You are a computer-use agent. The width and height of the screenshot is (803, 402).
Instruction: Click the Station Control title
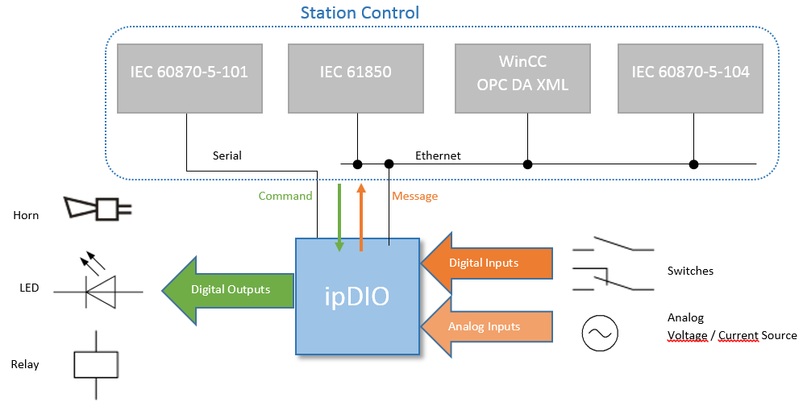[x=360, y=12]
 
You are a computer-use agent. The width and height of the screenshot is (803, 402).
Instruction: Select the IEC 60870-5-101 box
[x=189, y=78]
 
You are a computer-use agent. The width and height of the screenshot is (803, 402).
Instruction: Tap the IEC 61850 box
[x=356, y=78]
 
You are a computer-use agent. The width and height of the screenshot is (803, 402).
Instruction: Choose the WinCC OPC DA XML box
[x=522, y=78]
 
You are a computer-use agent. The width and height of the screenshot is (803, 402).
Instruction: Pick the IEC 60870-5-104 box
[x=690, y=78]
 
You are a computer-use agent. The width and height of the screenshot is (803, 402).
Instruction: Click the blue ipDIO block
[x=357, y=296]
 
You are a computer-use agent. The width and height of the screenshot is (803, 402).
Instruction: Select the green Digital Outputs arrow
[x=228, y=290]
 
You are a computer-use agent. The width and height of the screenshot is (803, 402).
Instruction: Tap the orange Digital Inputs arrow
[x=486, y=263]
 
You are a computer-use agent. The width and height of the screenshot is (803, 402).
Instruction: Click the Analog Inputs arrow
[x=486, y=326]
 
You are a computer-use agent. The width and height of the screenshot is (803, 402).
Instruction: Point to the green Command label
[x=285, y=196]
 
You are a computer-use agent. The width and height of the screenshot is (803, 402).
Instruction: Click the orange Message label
[x=415, y=197]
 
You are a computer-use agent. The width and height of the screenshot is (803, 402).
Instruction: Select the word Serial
[x=227, y=155]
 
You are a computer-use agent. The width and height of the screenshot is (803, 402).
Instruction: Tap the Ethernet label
[x=438, y=155]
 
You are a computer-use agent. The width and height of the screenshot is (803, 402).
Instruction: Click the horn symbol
[x=98, y=209]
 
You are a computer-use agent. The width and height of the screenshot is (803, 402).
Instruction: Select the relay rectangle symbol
[x=96, y=365]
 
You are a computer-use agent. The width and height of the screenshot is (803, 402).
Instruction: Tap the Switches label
[x=690, y=271]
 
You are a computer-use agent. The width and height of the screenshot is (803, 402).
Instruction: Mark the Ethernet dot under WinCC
[x=527, y=164]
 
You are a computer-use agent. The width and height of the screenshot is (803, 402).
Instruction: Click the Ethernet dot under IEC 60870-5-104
[x=693, y=164]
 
